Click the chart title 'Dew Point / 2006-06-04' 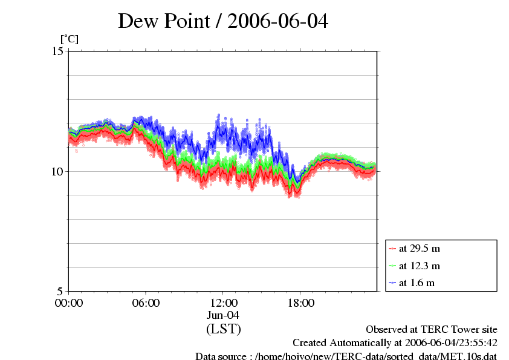tap(223, 21)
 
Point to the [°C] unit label tap(69, 39)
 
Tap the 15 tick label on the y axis tap(58, 51)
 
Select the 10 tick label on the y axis tap(58, 171)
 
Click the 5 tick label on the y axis tap(61, 291)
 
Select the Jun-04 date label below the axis tap(223, 315)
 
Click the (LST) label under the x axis tap(223, 330)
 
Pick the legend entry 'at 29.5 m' tap(419, 248)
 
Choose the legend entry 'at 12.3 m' tap(419, 266)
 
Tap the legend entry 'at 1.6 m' tap(417, 283)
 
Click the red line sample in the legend tap(392, 249)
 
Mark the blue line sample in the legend tap(392, 283)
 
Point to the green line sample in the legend tap(392, 266)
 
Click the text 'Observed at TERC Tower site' tap(432, 330)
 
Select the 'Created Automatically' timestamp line tap(395, 342)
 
